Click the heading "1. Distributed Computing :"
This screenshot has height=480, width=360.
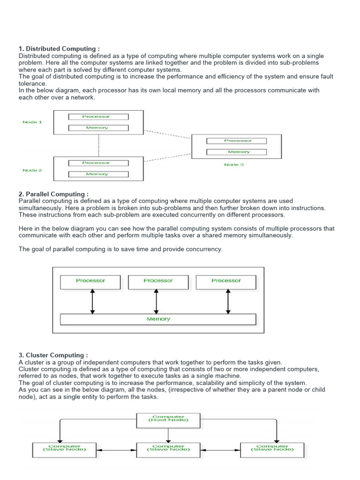click(x=59, y=49)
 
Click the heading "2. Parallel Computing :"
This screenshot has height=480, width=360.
click(x=53, y=194)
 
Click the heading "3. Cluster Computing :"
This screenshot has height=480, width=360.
click(x=53, y=355)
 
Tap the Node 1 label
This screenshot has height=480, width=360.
click(x=32, y=122)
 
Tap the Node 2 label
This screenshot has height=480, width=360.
click(x=32, y=170)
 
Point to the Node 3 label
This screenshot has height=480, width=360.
click(x=234, y=165)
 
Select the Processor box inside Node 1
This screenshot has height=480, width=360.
click(x=98, y=117)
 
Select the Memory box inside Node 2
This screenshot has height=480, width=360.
click(x=98, y=174)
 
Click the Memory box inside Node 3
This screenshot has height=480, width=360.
click(x=236, y=152)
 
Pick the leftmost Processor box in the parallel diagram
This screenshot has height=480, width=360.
click(x=90, y=281)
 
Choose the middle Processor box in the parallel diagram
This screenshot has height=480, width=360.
click(x=158, y=281)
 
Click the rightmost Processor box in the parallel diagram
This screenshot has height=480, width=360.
click(x=226, y=281)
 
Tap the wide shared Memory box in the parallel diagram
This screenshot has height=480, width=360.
click(x=158, y=319)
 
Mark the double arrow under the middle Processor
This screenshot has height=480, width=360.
click(x=157, y=301)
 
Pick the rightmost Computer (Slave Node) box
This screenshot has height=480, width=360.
click(x=272, y=449)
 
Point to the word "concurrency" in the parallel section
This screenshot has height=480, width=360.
click(x=204, y=249)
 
